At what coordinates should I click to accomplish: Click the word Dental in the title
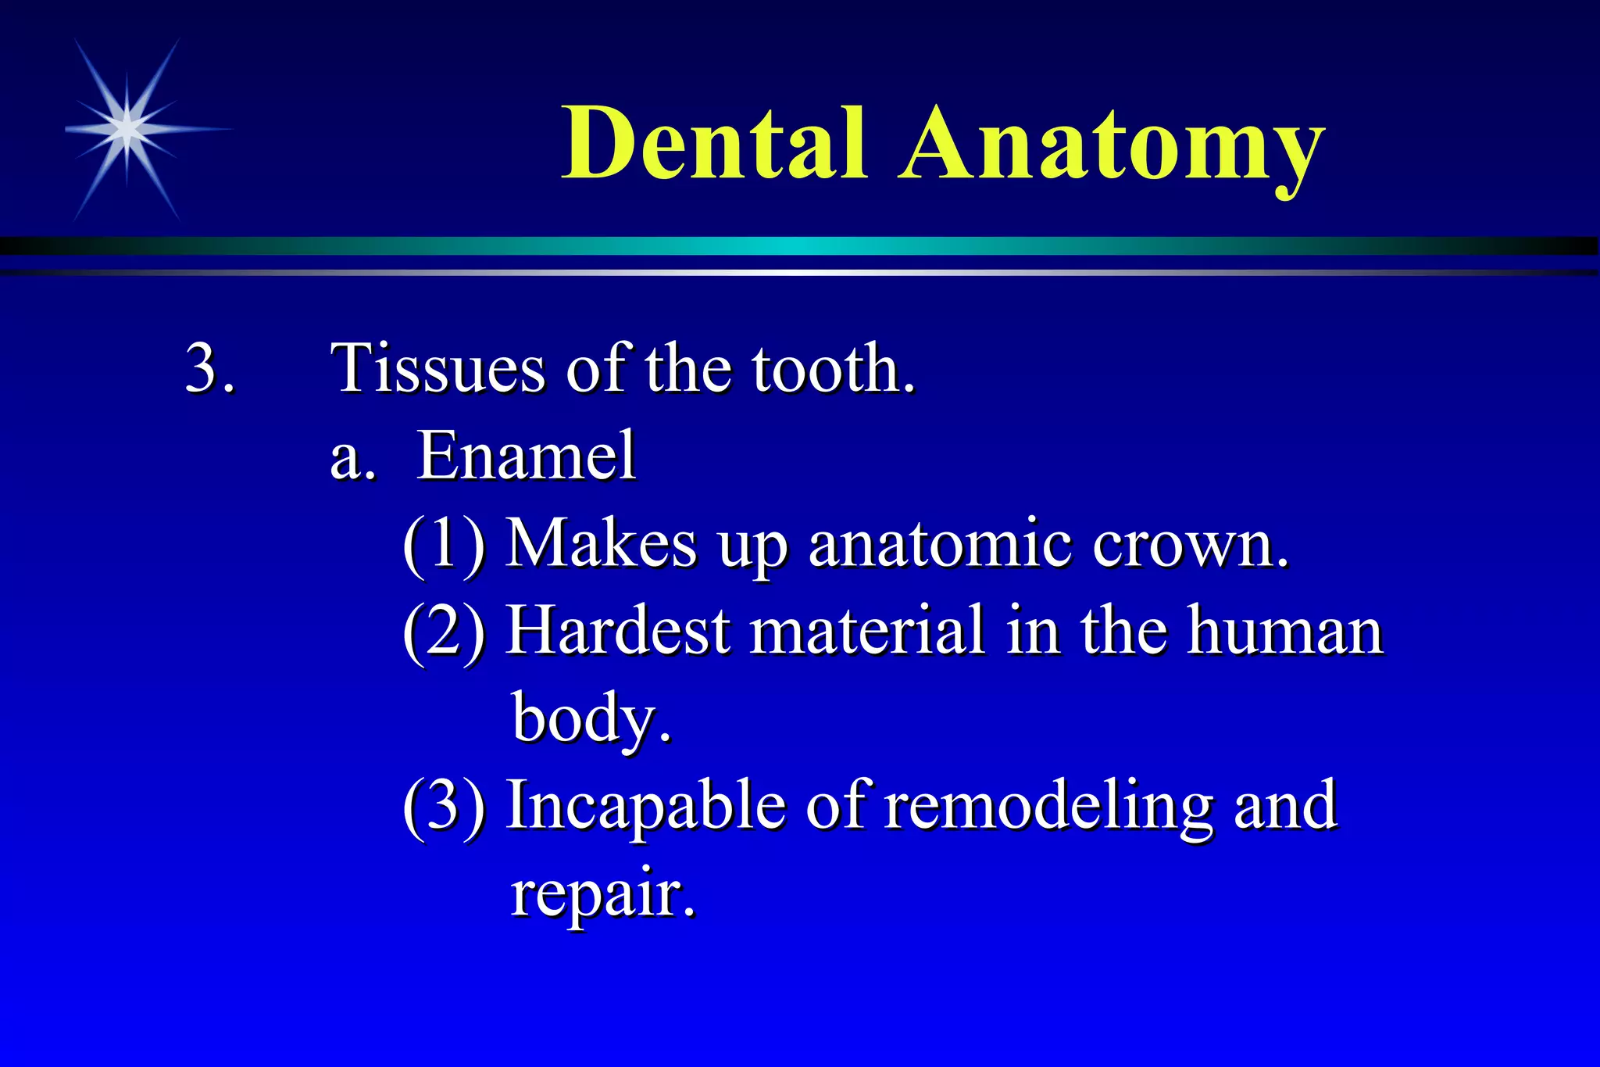[714, 144]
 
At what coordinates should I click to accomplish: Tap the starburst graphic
[127, 129]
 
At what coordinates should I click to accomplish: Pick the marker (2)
[444, 631]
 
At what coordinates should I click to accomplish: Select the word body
[590, 718]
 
